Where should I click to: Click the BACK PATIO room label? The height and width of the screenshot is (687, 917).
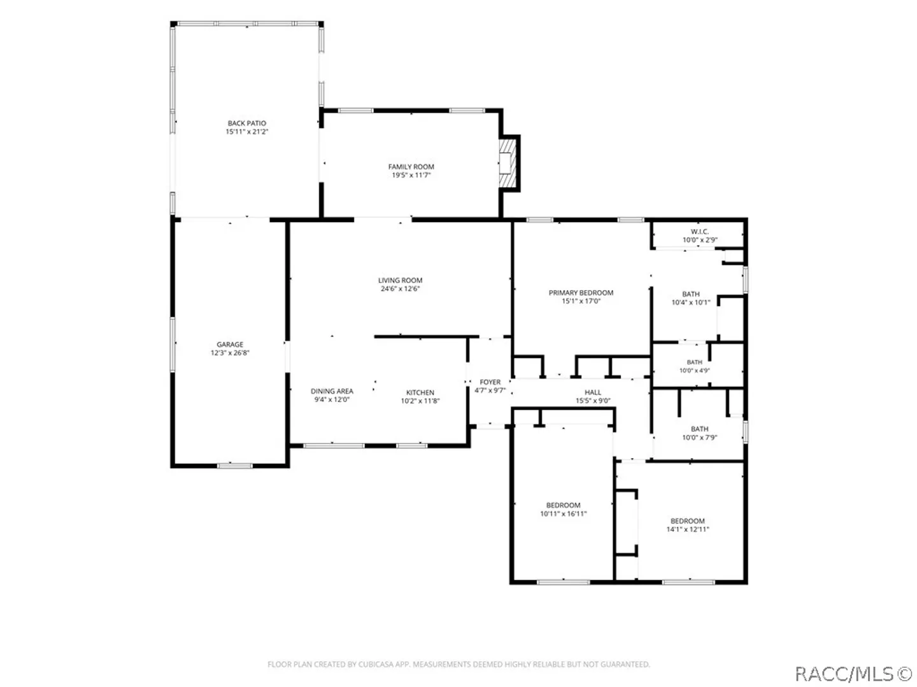pyautogui.click(x=246, y=123)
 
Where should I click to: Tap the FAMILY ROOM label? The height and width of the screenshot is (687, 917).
pyautogui.click(x=411, y=167)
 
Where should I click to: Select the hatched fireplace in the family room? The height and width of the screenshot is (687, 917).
pyautogui.click(x=507, y=163)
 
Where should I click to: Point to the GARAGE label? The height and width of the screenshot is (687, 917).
pyautogui.click(x=230, y=344)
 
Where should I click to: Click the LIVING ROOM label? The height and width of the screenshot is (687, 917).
pyautogui.click(x=400, y=280)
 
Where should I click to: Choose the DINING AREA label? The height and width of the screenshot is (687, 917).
pyautogui.click(x=332, y=391)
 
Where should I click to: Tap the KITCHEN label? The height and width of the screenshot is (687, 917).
pyautogui.click(x=420, y=392)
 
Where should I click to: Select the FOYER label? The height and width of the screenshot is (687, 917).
pyautogui.click(x=490, y=382)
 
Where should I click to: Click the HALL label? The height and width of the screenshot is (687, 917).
pyautogui.click(x=593, y=392)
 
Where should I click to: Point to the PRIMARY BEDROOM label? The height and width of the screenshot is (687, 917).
pyautogui.click(x=581, y=293)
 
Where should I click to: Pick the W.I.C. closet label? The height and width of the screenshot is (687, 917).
pyautogui.click(x=700, y=232)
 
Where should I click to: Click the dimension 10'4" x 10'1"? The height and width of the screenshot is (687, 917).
pyautogui.click(x=691, y=302)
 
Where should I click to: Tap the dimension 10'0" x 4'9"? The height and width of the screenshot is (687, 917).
pyautogui.click(x=694, y=370)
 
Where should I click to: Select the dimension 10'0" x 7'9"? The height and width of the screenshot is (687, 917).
pyautogui.click(x=699, y=438)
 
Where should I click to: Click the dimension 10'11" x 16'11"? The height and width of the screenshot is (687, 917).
pyautogui.click(x=563, y=514)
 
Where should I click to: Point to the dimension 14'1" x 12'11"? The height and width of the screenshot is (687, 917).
pyautogui.click(x=688, y=529)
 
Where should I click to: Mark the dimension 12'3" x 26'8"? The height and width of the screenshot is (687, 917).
pyautogui.click(x=230, y=353)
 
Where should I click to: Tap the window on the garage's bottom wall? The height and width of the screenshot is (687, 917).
pyautogui.click(x=235, y=466)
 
